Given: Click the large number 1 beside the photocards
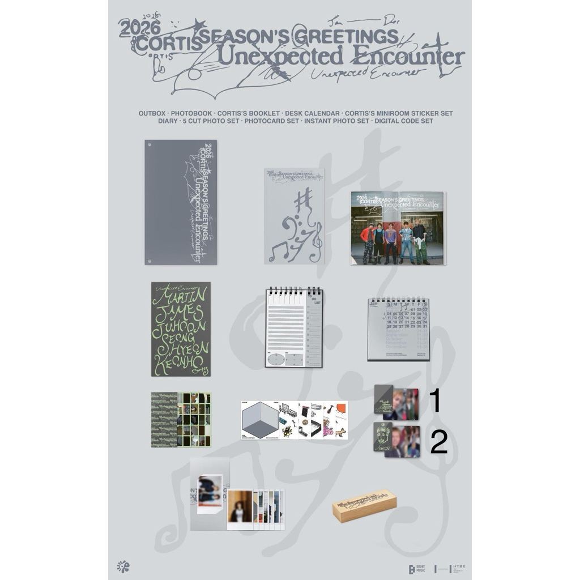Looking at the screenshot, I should (x=435, y=401).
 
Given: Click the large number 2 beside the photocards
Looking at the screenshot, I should (x=439, y=442).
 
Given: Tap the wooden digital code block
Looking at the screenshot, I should (x=364, y=505).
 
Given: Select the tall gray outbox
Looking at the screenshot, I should (x=181, y=202).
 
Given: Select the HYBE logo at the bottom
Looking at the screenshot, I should (x=450, y=568).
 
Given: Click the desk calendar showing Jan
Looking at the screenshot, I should (x=398, y=329).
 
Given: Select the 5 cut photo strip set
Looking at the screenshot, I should (x=181, y=420).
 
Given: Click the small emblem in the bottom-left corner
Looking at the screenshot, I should (x=122, y=566).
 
